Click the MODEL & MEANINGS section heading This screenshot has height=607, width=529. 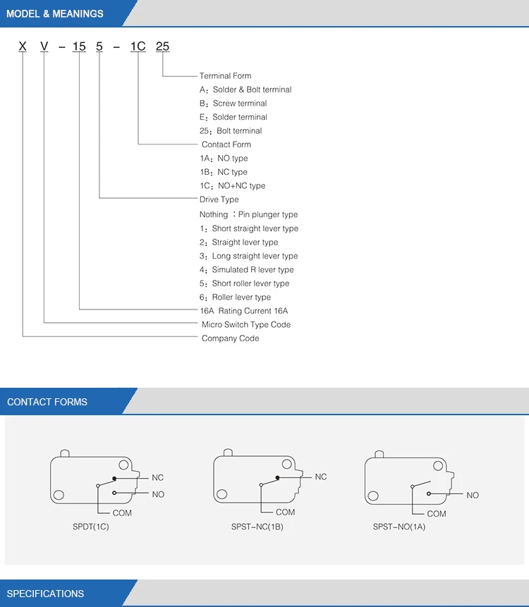54,13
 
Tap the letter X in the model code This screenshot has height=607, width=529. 23,47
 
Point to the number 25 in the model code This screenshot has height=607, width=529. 162,47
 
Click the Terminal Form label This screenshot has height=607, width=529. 225,75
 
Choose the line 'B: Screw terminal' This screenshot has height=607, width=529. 233,103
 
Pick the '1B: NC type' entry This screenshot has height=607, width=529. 224,172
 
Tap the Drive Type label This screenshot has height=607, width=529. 219,200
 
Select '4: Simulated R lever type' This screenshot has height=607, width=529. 246,269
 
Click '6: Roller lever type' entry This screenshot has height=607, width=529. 235,297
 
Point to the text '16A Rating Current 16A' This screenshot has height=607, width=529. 243,310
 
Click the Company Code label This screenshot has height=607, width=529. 230,338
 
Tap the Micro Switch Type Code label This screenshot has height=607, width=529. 245,324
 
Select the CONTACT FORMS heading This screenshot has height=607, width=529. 47,402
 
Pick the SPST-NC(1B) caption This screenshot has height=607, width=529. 257,527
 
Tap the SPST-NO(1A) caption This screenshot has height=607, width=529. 399,527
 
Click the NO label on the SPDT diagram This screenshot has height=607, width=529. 158,494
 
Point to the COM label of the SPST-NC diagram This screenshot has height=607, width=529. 285,512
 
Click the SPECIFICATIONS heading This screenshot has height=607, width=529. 45,594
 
